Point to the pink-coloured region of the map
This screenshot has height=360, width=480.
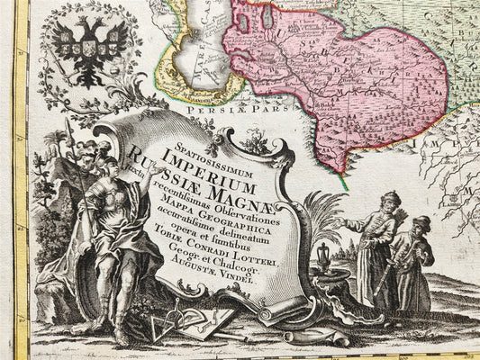click(x=342, y=81)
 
